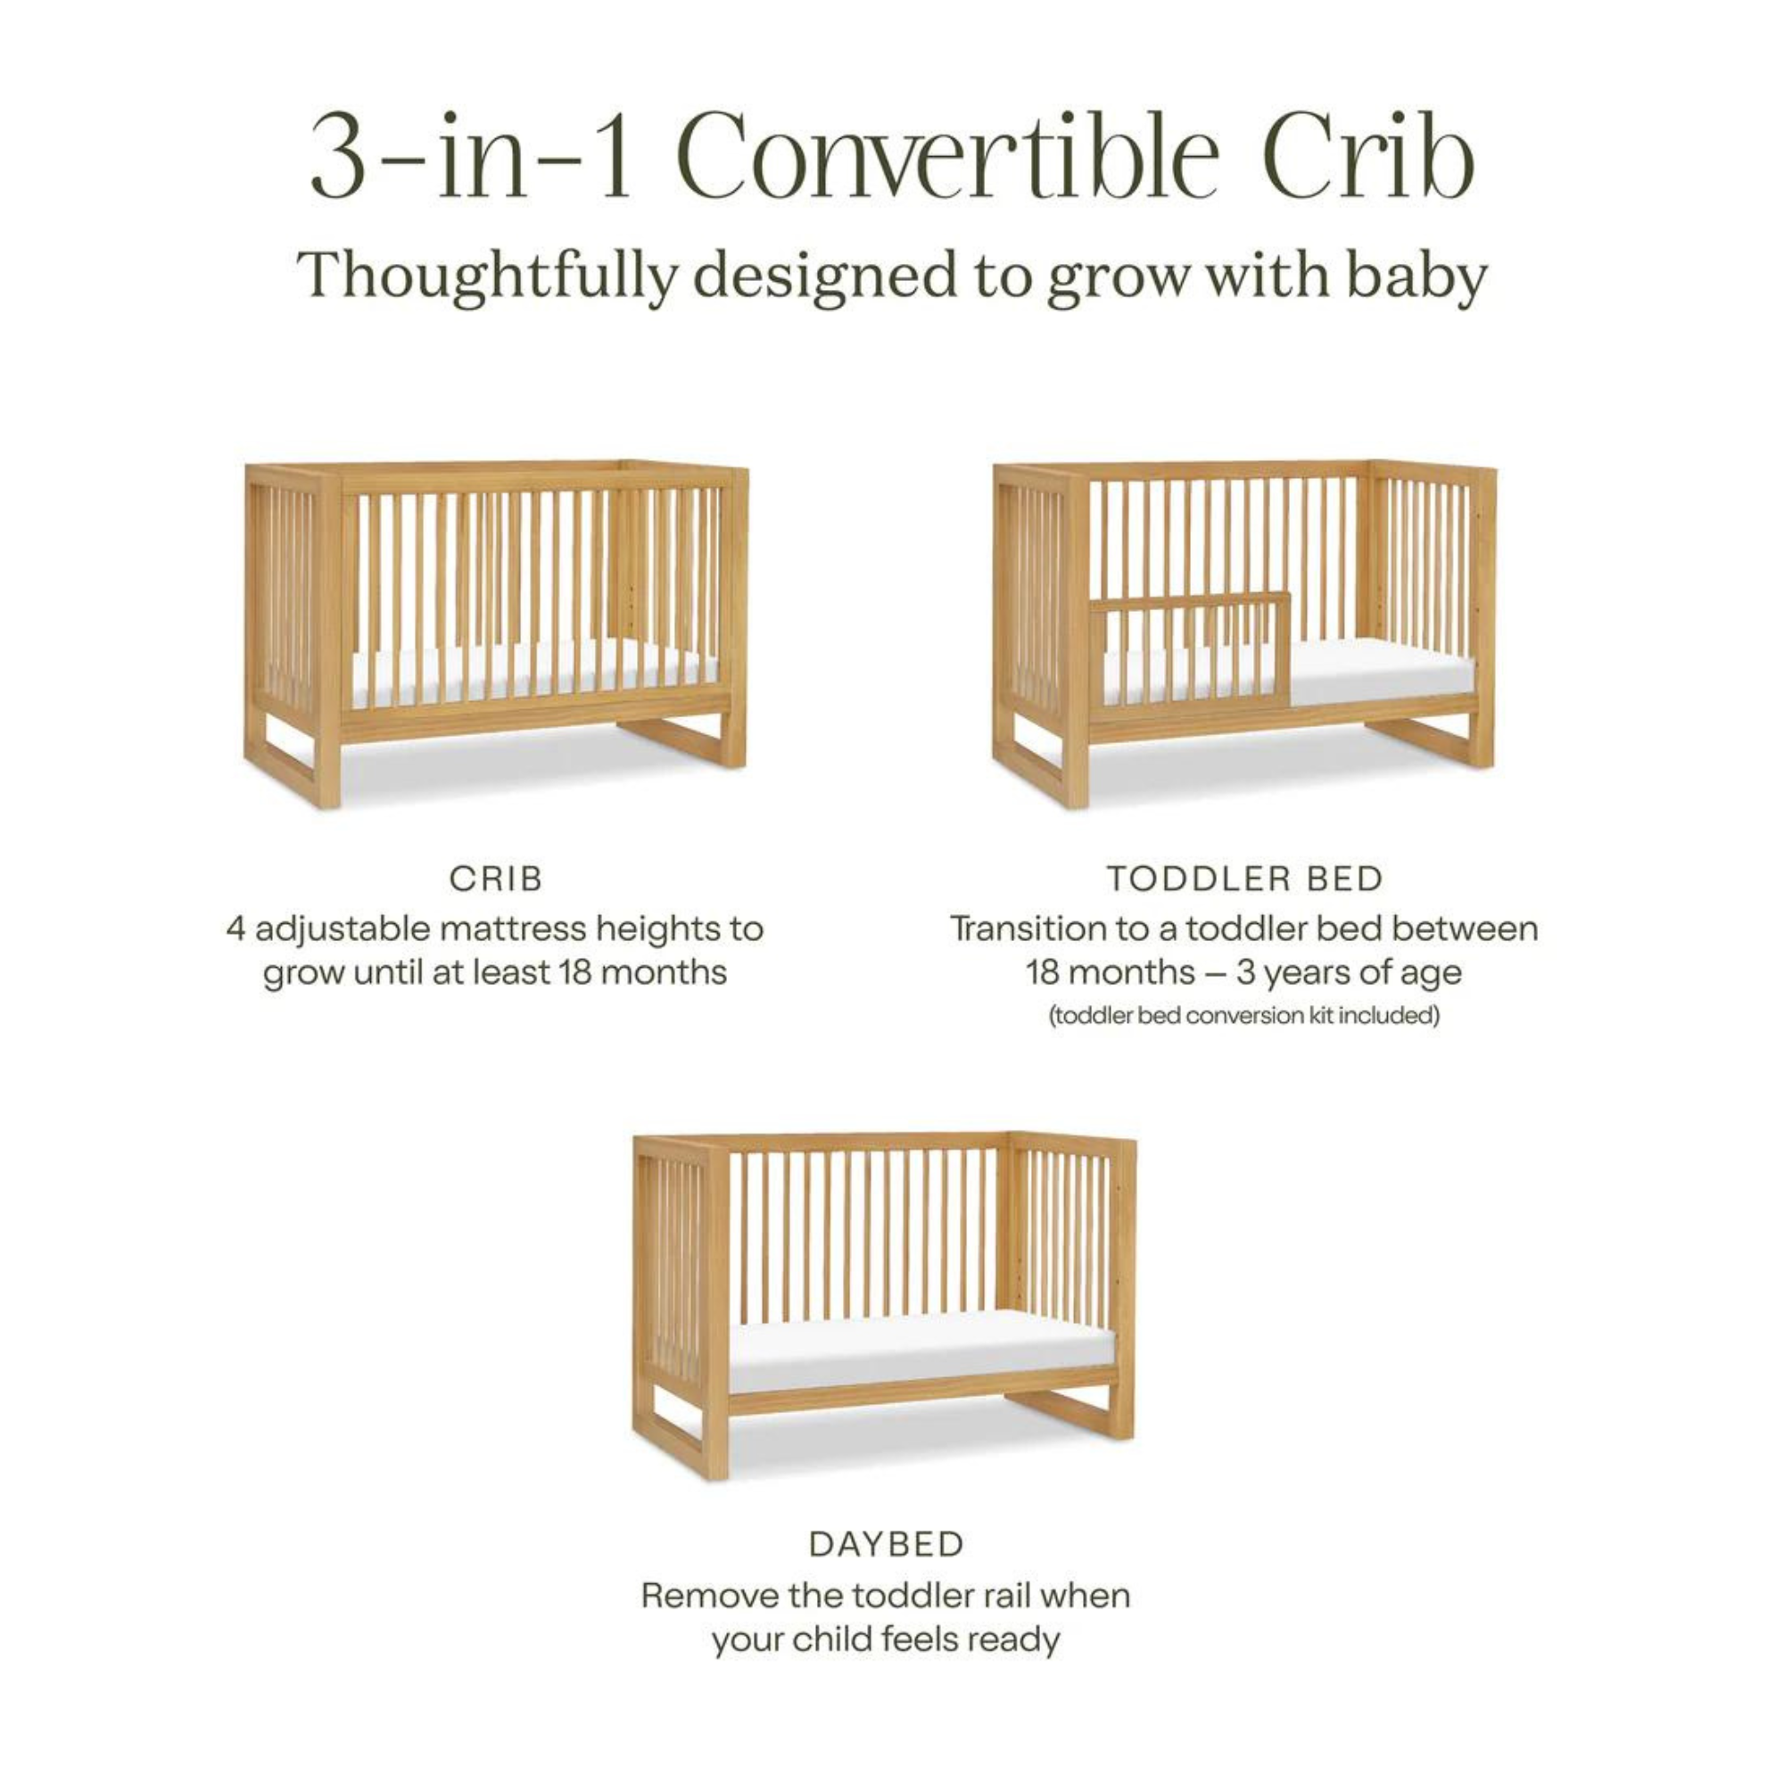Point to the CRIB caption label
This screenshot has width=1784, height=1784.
496,880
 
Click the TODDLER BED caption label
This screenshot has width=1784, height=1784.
1244,880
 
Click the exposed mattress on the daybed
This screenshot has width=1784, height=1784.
923,1357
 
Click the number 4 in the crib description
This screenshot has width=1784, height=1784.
236,928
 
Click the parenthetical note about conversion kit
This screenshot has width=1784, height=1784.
1244,1016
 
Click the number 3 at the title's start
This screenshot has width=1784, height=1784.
334,157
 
